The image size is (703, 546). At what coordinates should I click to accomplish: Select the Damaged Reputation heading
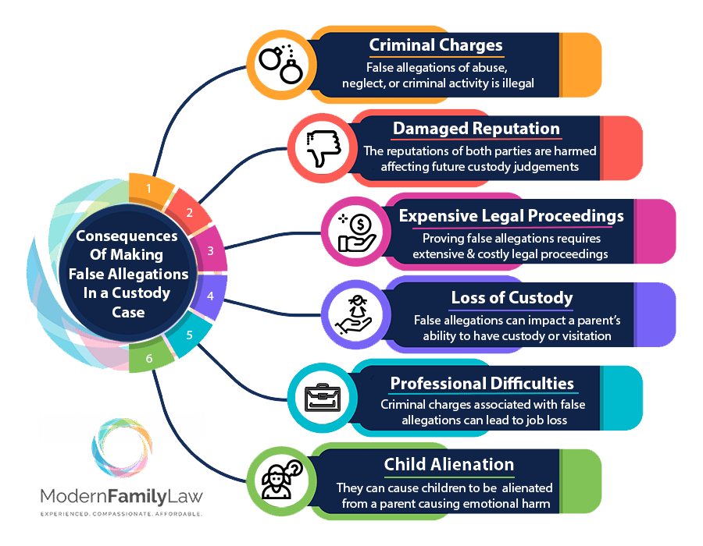point(476,129)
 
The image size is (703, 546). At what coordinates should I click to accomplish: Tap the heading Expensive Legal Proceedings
point(512,214)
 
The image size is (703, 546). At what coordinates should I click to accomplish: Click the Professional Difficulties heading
point(482,383)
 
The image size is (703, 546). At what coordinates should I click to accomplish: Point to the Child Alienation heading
point(448,465)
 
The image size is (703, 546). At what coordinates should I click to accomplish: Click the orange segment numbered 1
point(150,188)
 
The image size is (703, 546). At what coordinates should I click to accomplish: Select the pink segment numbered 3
point(209,250)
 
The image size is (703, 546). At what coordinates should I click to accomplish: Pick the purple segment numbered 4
point(209,296)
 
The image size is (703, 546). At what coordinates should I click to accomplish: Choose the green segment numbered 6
point(151,359)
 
